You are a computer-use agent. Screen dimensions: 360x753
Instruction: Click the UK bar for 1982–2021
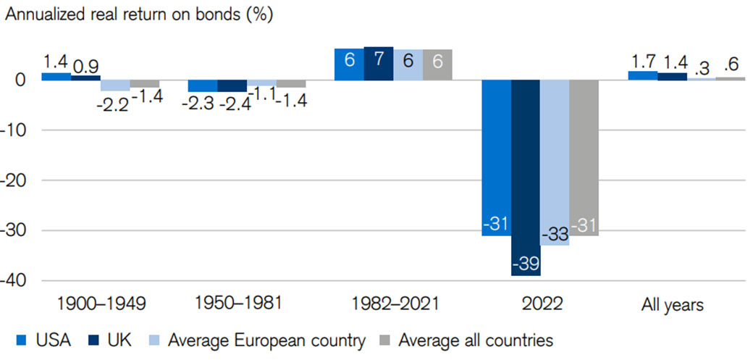(378, 64)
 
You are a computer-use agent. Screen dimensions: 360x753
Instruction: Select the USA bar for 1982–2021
(349, 64)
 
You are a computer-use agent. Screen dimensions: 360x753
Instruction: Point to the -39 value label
(525, 264)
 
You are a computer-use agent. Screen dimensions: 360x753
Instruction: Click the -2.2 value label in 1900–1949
(114, 104)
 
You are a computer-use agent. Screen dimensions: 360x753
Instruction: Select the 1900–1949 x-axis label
(101, 304)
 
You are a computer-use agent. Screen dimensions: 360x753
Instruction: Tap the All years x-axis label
(672, 304)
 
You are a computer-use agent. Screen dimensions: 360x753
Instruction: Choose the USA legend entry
(43, 340)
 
